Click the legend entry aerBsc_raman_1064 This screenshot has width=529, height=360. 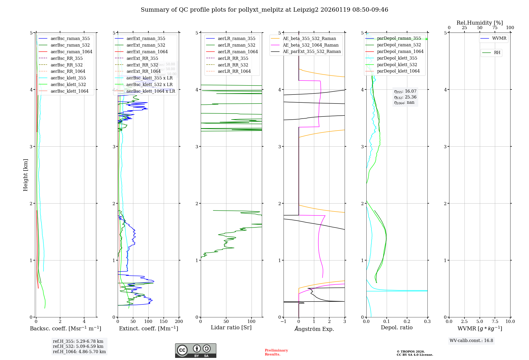click(71, 52)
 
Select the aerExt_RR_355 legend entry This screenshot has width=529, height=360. click(142, 58)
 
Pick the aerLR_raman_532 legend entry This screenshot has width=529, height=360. click(236, 45)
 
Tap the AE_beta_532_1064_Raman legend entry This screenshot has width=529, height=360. click(311, 45)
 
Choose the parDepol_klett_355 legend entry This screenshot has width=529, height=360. click(397, 58)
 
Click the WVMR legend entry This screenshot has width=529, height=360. click(499, 38)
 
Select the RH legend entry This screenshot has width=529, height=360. click(497, 53)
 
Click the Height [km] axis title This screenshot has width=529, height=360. click(25, 175)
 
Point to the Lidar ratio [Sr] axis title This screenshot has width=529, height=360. click(231, 327)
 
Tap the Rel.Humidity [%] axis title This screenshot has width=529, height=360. click(480, 23)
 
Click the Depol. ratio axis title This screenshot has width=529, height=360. click(396, 327)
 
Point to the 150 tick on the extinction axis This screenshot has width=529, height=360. click(163, 322)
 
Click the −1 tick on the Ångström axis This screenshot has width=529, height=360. click(283, 322)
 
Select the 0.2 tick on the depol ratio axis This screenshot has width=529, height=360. click(407, 322)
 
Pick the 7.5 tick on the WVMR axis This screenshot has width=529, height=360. click(495, 322)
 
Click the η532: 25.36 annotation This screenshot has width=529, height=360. click(405, 97)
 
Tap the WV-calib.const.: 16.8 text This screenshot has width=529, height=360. click(471, 341)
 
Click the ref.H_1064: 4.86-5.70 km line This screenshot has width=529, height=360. click(79, 352)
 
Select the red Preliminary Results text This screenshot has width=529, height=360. click(276, 352)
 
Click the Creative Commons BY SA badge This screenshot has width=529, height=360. click(195, 351)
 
